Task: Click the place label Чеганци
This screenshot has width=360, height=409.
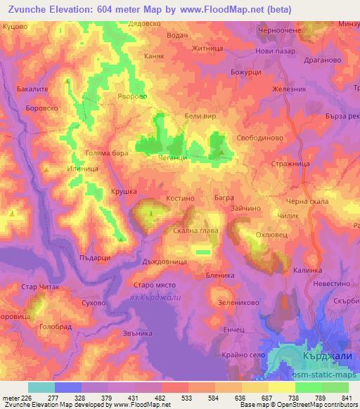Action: click(172, 159)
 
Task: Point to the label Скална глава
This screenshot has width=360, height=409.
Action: click(196, 231)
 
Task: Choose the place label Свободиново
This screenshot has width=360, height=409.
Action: click(259, 138)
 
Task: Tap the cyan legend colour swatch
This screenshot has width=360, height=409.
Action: click(41, 387)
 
